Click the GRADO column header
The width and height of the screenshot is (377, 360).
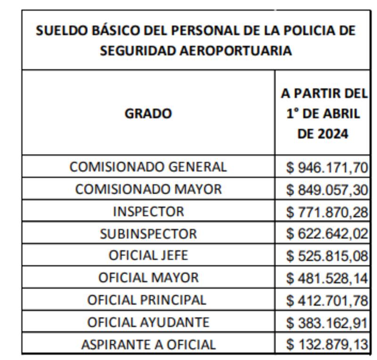coord(148,114)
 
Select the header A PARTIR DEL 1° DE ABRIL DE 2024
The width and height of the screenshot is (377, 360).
coord(324,114)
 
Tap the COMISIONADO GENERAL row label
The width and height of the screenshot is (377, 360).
coord(148,167)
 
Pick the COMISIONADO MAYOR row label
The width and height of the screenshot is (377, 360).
coord(148,189)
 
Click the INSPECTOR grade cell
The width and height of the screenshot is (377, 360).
coord(148,212)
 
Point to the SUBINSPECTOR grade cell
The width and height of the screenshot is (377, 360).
coord(148,234)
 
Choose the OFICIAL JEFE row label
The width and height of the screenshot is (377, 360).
coord(148,255)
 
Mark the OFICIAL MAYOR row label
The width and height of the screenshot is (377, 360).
coord(148,278)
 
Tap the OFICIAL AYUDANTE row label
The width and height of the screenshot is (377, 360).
coord(148,322)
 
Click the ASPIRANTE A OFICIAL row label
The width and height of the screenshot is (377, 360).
coord(148,344)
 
